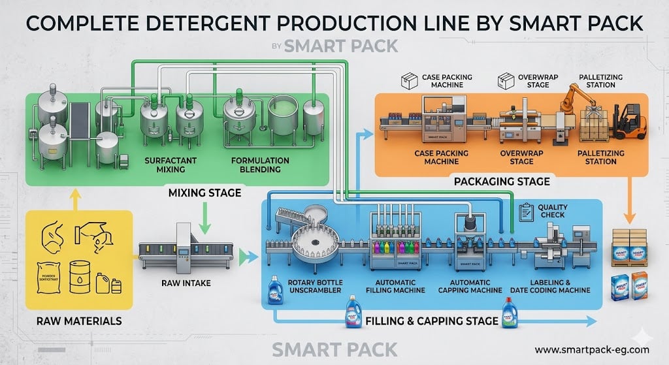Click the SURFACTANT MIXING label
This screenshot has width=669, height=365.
(165, 165)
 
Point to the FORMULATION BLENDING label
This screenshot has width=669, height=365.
(260, 165)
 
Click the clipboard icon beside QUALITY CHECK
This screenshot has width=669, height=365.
(524, 212)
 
